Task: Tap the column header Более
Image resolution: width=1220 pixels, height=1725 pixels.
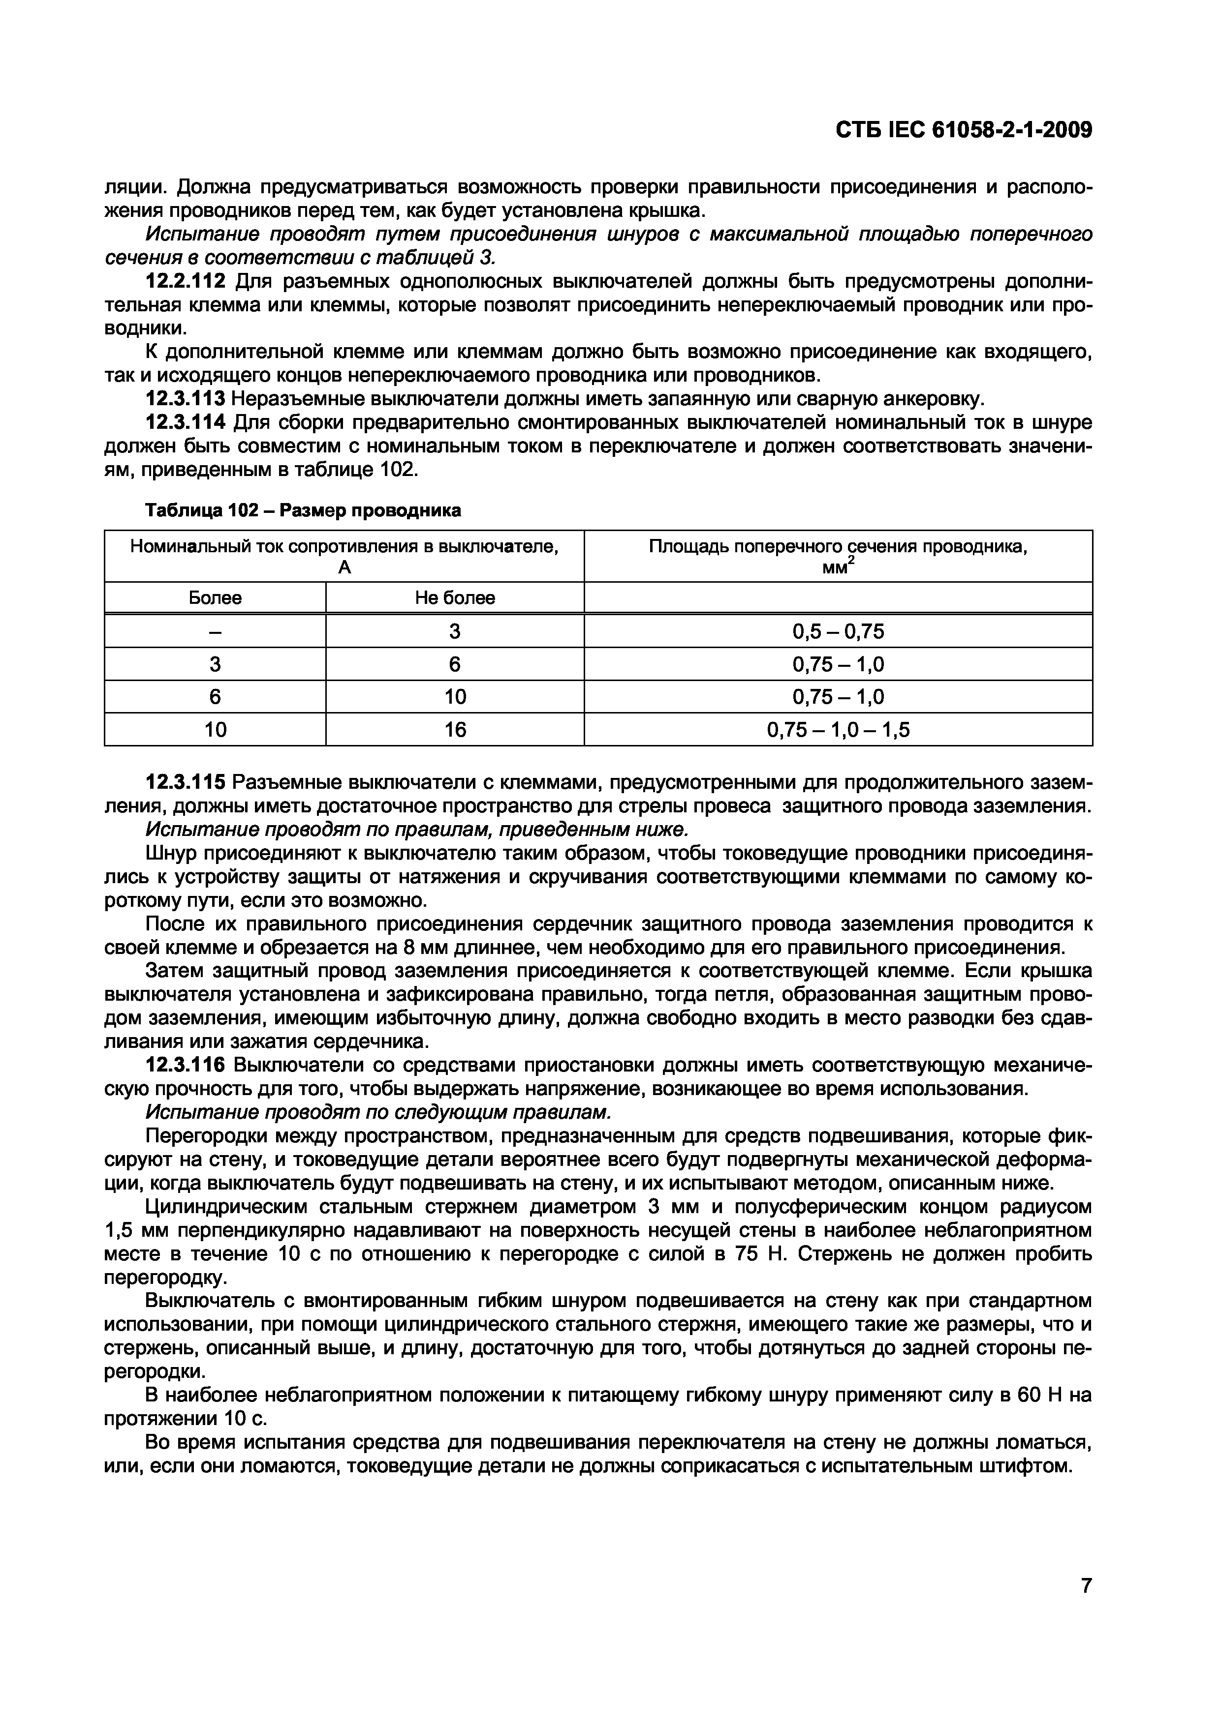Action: [215, 598]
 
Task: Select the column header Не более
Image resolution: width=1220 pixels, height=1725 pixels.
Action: [455, 598]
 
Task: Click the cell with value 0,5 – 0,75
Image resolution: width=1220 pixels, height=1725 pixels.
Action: [838, 631]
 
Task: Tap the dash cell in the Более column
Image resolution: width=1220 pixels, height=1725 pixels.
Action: [215, 631]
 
